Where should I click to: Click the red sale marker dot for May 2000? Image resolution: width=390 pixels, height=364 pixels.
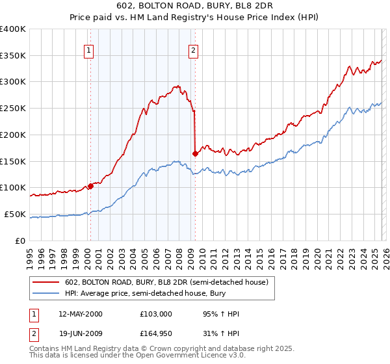coord(90,186)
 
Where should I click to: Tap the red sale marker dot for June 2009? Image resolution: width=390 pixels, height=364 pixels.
coord(195,153)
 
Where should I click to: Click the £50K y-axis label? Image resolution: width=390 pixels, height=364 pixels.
coord(15,214)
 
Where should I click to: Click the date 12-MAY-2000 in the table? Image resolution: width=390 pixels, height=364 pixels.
coord(81,314)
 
